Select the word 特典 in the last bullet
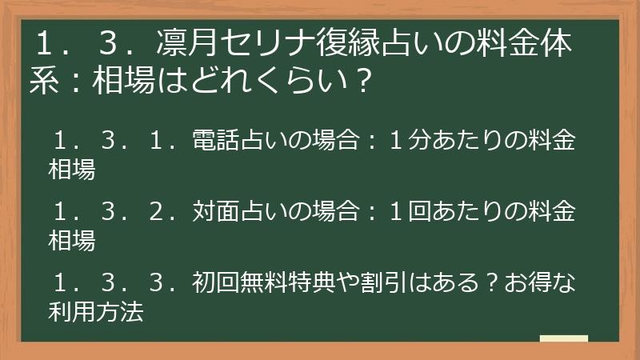point(304,282)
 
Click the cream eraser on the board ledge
point(564,338)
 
